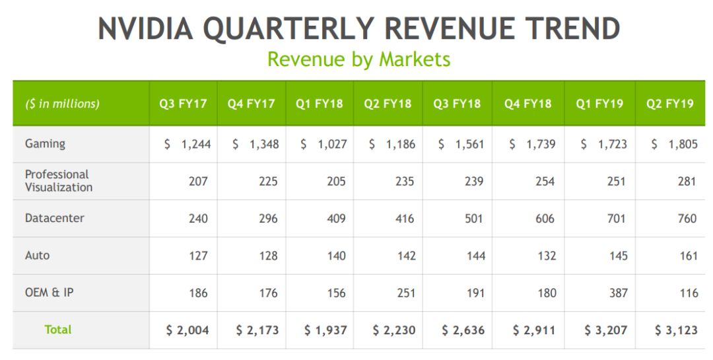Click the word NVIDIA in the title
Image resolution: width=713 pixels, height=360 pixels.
[145, 29]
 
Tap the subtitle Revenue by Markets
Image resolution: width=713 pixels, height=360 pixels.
[358, 59]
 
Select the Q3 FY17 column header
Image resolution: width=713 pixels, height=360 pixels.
[183, 104]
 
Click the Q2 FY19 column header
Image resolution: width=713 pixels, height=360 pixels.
[670, 104]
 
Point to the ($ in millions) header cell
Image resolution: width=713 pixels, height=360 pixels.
[63, 104]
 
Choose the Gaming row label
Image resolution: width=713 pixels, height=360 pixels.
[45, 143]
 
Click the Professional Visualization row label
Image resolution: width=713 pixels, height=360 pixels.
[59, 181]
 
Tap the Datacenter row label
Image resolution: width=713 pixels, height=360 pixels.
[55, 218]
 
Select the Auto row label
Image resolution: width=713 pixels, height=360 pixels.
[37, 255]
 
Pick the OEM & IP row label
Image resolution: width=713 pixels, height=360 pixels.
[50, 293]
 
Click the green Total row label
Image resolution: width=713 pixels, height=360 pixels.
[58, 330]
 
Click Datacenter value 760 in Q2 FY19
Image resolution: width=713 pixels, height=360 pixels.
[687, 219]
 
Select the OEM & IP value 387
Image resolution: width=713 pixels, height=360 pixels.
[618, 293]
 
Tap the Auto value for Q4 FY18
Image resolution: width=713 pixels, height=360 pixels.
[546, 256]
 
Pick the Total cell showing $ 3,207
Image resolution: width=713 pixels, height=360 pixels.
[604, 330]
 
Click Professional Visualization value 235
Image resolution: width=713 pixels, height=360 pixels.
[405, 181]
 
